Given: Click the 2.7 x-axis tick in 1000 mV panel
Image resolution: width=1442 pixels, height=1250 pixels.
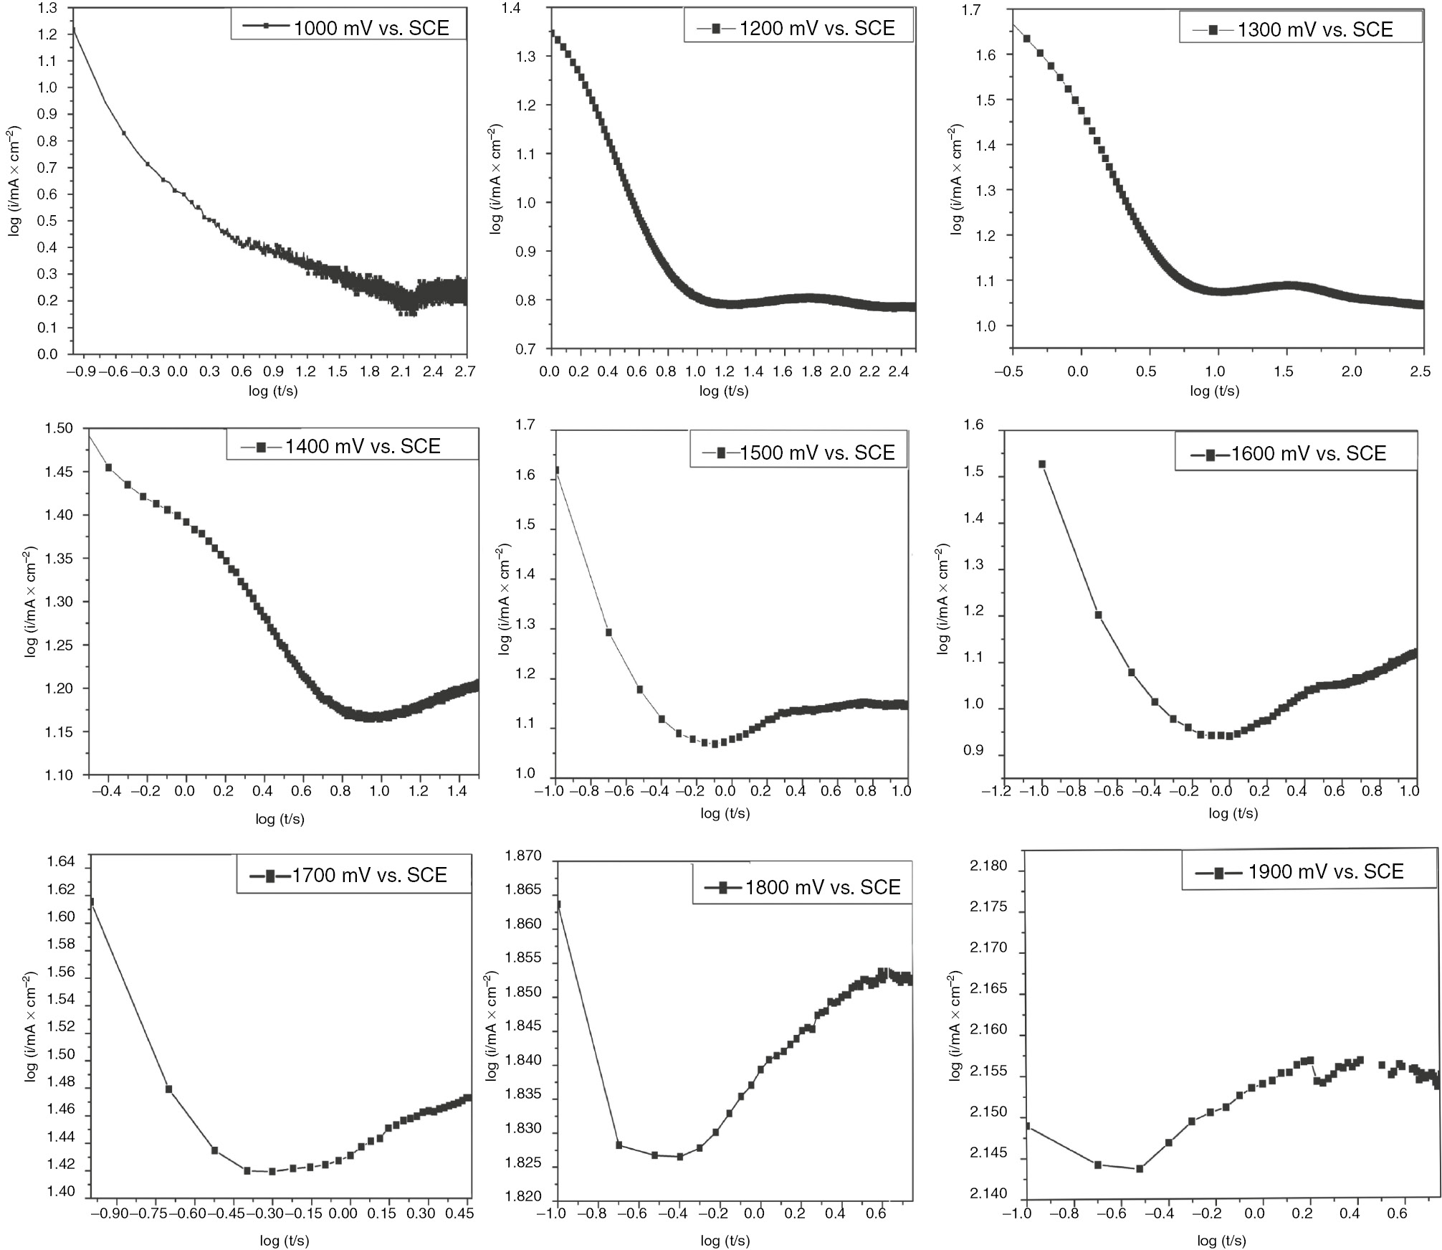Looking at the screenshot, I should pyautogui.click(x=464, y=371).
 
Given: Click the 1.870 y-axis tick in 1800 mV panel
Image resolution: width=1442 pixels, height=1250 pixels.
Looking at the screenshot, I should pyautogui.click(x=523, y=856).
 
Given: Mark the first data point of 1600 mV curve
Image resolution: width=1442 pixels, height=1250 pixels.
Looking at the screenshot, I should pyautogui.click(x=1042, y=464).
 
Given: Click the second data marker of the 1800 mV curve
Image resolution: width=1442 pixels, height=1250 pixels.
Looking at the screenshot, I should pyautogui.click(x=619, y=1145).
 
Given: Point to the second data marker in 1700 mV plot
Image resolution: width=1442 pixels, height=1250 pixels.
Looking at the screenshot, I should pyautogui.click(x=169, y=1089).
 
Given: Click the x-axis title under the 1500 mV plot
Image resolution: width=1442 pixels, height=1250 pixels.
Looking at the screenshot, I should pyautogui.click(x=725, y=813).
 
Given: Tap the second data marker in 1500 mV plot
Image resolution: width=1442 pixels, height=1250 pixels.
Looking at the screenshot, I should pyautogui.click(x=608, y=633).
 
